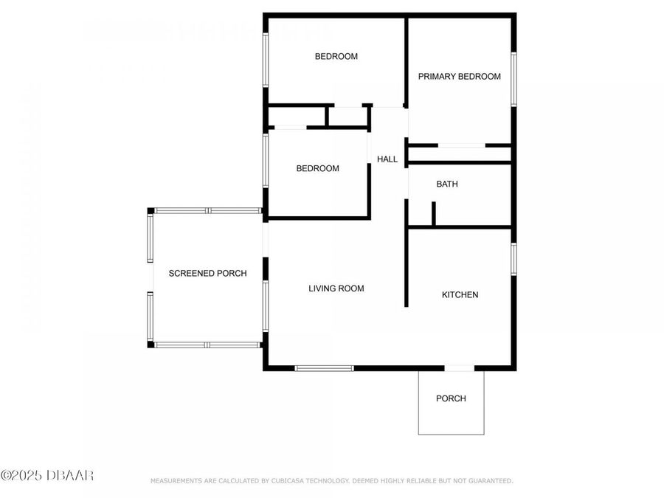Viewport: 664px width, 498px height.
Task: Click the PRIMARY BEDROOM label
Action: coord(459,76)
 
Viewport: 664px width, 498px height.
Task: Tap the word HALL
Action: coord(387,159)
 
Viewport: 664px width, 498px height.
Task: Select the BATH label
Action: coord(447,184)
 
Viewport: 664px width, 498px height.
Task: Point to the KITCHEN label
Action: coord(460,294)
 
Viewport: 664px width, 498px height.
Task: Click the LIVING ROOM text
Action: coord(336,288)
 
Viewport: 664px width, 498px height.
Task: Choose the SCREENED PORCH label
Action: coord(207,273)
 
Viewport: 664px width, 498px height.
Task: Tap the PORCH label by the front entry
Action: coord(451,398)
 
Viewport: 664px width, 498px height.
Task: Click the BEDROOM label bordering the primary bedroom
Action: coord(336,56)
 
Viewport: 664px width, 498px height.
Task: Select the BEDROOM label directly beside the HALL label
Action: coord(317,168)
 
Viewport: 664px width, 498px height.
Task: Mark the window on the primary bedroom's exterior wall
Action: coord(513,77)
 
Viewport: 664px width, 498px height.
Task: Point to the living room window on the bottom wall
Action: coord(324,367)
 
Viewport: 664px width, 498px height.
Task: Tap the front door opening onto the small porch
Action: coord(459,367)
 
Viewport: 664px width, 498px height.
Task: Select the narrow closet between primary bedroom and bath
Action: coord(459,154)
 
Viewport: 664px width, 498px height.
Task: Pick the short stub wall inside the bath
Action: coord(434,213)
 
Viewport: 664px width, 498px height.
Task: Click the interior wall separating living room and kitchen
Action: coord(406,266)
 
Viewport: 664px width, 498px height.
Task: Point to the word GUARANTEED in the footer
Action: coord(488,481)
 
